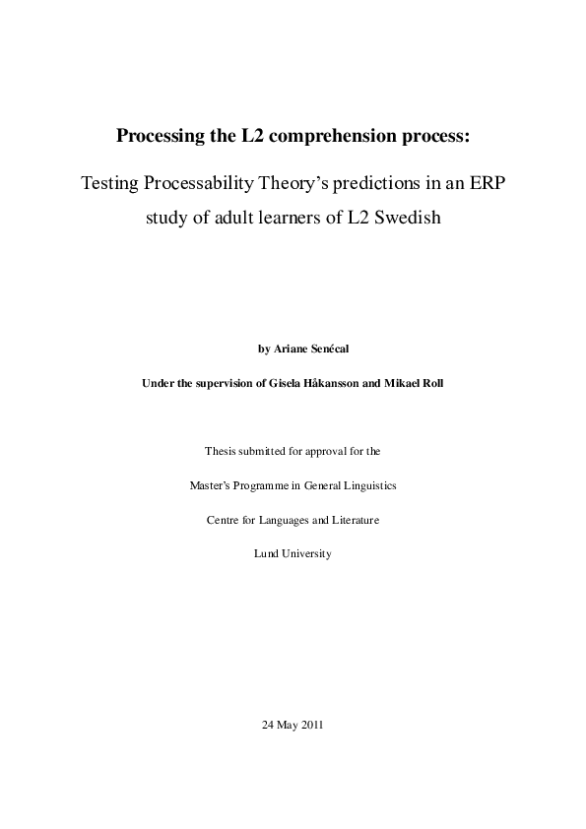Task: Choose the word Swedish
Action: tap(404, 218)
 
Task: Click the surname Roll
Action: tap(431, 383)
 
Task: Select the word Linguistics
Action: tap(370, 485)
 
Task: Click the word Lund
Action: tap(265, 553)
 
